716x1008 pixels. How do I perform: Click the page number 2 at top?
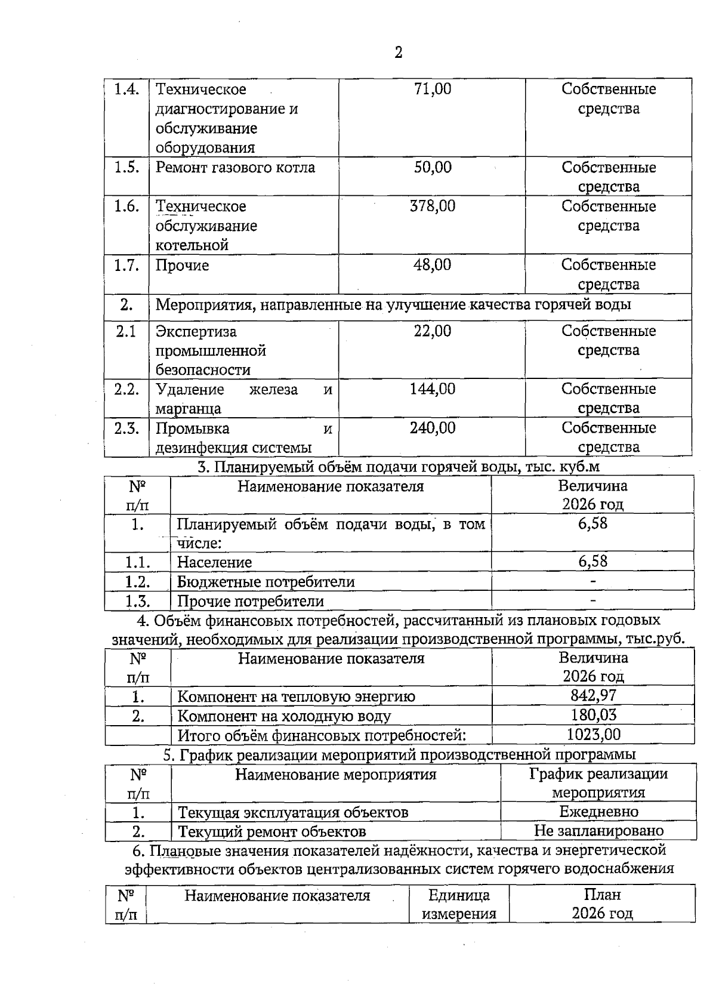[x=399, y=53]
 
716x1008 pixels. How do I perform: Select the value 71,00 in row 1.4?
[x=433, y=89]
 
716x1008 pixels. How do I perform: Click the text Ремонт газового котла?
[x=235, y=167]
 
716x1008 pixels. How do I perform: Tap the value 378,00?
[x=433, y=206]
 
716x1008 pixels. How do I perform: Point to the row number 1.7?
[x=126, y=265]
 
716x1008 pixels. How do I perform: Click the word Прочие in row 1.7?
[x=182, y=265]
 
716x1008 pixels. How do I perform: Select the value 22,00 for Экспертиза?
[x=433, y=331]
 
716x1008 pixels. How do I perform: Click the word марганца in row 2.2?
[x=188, y=409]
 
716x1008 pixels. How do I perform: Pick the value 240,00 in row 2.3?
[x=433, y=427]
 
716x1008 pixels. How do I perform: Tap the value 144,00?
[x=433, y=389]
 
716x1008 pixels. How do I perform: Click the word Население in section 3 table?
[x=214, y=562]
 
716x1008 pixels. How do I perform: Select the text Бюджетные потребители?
[x=266, y=582]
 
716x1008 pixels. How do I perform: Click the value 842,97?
[x=592, y=695]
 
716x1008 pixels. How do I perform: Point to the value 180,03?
[x=592, y=715]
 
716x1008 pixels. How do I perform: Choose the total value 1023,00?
[x=593, y=734]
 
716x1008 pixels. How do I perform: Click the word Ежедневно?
[x=598, y=812]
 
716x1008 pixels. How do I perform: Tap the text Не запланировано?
[x=598, y=831]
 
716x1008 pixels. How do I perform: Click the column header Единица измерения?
[x=459, y=904]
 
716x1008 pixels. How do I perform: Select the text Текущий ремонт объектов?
[x=272, y=831]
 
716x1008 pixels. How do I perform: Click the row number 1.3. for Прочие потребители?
[x=137, y=601]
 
